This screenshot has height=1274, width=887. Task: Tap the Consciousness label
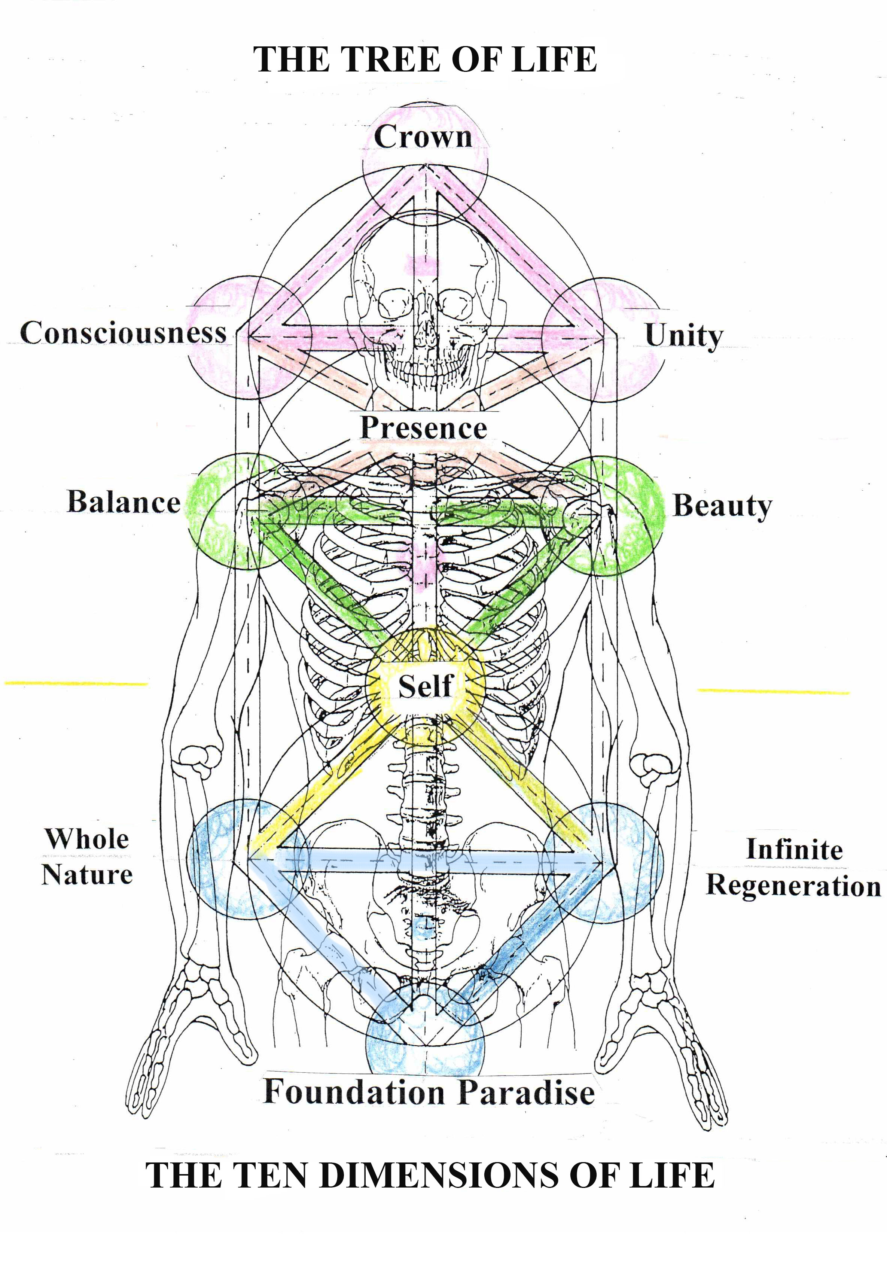123,333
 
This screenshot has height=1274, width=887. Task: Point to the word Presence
423,428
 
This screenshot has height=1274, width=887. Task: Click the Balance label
124,502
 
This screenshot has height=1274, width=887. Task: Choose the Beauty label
722,506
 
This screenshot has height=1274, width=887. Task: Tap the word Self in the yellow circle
426,686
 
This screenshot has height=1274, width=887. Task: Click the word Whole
87,838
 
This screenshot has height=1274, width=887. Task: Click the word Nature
87,875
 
